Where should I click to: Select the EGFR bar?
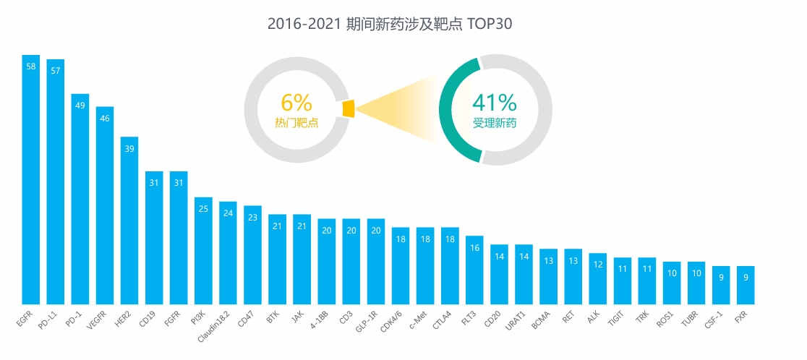pyautogui.click(x=31, y=181)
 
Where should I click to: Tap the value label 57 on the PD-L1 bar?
pyautogui.click(x=56, y=71)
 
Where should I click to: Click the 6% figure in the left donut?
pyautogui.click(x=296, y=103)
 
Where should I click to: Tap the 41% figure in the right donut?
pyautogui.click(x=495, y=102)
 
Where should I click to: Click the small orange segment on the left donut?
pyautogui.click(x=349, y=108)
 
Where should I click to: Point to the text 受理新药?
pyautogui.click(x=495, y=123)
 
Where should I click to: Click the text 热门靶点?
pyautogui.click(x=296, y=123)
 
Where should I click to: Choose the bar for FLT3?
pyautogui.click(x=474, y=270)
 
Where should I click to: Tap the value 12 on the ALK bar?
pyautogui.click(x=597, y=265)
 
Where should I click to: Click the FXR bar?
pyautogui.click(x=746, y=286)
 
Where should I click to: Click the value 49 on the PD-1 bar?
pyautogui.click(x=80, y=106)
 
